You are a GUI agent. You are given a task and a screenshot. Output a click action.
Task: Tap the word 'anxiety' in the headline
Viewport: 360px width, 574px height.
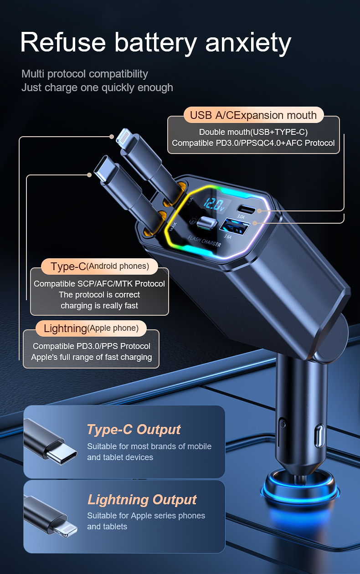point(248,44)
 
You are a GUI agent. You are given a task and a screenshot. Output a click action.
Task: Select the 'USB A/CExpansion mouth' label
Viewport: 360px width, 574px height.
point(253,115)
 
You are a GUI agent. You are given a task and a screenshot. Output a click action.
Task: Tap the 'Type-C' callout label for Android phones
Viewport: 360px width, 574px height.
point(99,266)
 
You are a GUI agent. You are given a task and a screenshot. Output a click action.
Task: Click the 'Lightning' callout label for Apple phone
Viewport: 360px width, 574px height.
point(91,328)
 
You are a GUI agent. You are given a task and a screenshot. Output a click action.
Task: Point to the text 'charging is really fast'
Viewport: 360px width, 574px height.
point(99,306)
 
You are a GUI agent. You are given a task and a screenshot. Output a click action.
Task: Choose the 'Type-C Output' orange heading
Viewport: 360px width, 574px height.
point(134,430)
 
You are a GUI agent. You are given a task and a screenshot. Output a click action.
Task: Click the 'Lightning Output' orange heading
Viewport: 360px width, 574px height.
point(142,500)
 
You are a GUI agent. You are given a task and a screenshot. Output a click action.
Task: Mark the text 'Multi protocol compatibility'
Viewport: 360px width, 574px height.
point(85,74)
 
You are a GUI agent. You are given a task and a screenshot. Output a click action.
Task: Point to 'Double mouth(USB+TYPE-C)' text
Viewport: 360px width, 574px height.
point(253,132)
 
